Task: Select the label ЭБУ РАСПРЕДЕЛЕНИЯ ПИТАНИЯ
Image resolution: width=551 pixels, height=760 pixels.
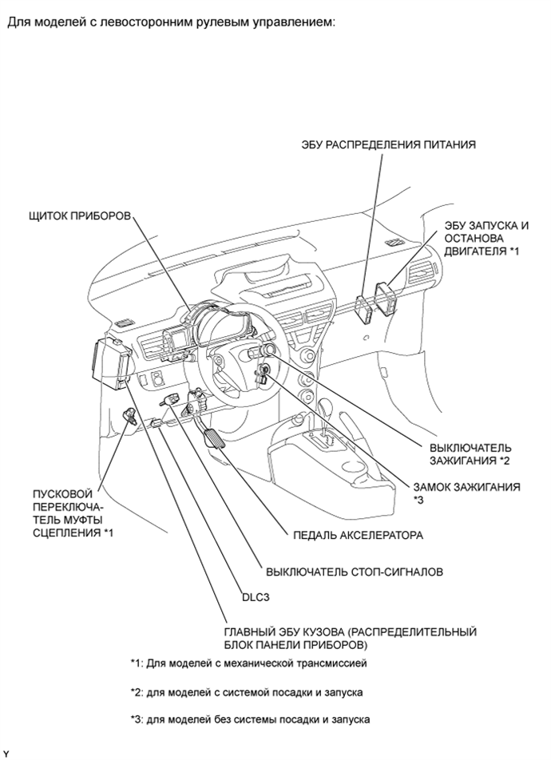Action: tap(388, 144)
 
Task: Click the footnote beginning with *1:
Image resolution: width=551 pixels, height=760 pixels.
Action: tap(248, 663)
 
